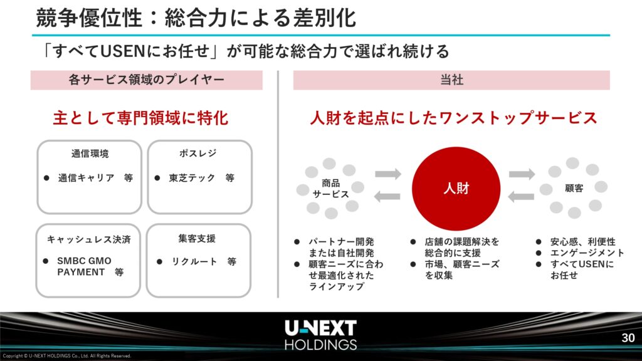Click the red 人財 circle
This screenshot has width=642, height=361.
pyautogui.click(x=456, y=188)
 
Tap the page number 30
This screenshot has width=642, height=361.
pyautogui.click(x=628, y=338)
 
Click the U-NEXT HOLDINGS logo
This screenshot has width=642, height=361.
pyautogui.click(x=320, y=335)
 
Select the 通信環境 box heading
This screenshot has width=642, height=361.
pyautogui.click(x=90, y=154)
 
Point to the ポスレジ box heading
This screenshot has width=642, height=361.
pyautogui.click(x=197, y=153)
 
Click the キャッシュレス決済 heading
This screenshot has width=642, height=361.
pyautogui.click(x=88, y=239)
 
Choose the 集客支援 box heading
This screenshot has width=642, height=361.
pyautogui.click(x=196, y=238)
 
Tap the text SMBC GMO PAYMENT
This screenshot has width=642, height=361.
pyautogui.click(x=85, y=266)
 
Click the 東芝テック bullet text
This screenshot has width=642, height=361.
pyautogui.click(x=192, y=177)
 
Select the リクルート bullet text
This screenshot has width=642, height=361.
pyautogui.click(x=194, y=261)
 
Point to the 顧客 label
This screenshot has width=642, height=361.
pyautogui.click(x=574, y=188)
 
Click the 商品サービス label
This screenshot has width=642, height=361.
pyautogui.click(x=330, y=188)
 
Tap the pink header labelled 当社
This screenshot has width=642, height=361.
pyautogui.click(x=451, y=80)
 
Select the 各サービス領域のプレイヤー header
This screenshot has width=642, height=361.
pyautogui.click(x=146, y=80)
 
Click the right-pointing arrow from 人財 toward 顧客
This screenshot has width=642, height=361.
pyautogui.click(x=522, y=174)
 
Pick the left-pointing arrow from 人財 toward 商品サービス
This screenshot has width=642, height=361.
pyautogui.click(x=387, y=196)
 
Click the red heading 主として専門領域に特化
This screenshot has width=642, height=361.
pyautogui.click(x=140, y=118)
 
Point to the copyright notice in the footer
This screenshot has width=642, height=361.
pyautogui.click(x=66, y=356)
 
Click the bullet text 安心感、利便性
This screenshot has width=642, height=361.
pyautogui.click(x=582, y=241)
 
